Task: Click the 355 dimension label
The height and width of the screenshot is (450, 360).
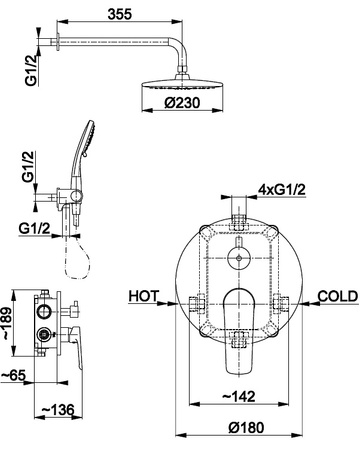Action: (x=120, y=14)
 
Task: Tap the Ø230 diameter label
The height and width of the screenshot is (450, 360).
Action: (x=182, y=103)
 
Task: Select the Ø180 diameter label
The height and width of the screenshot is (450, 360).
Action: (x=246, y=427)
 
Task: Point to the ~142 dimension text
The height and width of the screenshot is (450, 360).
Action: (x=238, y=396)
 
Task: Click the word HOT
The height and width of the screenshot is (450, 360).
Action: (x=144, y=296)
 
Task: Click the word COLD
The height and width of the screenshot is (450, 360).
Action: (x=338, y=296)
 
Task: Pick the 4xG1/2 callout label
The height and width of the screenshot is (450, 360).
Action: (x=282, y=190)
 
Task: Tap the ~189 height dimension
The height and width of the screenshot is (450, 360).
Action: (x=7, y=323)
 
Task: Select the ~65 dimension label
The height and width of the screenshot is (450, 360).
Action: (x=13, y=375)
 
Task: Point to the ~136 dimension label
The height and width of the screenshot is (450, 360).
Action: (x=57, y=409)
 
